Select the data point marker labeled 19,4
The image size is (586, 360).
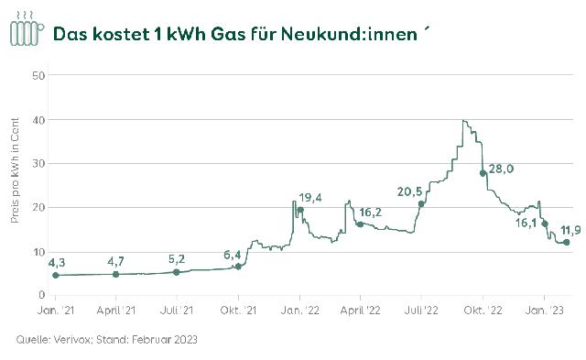pyautogui.click(x=299, y=210)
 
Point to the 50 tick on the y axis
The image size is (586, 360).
pyautogui.click(x=39, y=75)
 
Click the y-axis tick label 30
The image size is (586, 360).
pyautogui.click(x=39, y=163)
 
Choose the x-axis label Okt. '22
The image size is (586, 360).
pyautogui.click(x=483, y=313)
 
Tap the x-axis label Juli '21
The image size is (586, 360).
pyautogui.click(x=177, y=313)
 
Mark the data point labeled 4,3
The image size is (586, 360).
pyautogui.click(x=55, y=275)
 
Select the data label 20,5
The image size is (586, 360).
pyautogui.click(x=409, y=191)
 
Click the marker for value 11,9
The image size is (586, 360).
pyautogui.click(x=566, y=243)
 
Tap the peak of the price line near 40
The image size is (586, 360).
pyautogui.click(x=465, y=121)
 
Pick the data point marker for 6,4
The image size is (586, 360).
pyautogui.click(x=238, y=267)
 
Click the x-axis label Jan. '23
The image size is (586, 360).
pyautogui.click(x=545, y=313)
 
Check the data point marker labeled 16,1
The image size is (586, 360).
pyautogui.click(x=545, y=224)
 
